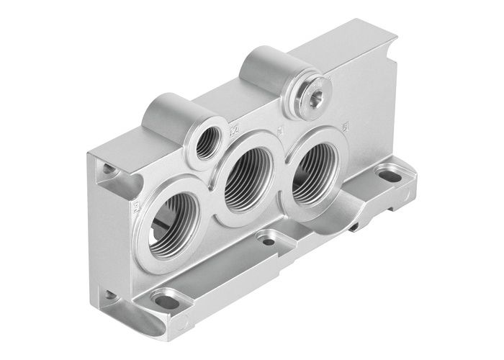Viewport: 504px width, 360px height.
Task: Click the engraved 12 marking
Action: point(233,132)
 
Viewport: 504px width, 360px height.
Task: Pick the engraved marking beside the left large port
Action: point(136,210)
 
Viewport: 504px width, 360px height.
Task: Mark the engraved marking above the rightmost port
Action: point(346,128)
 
